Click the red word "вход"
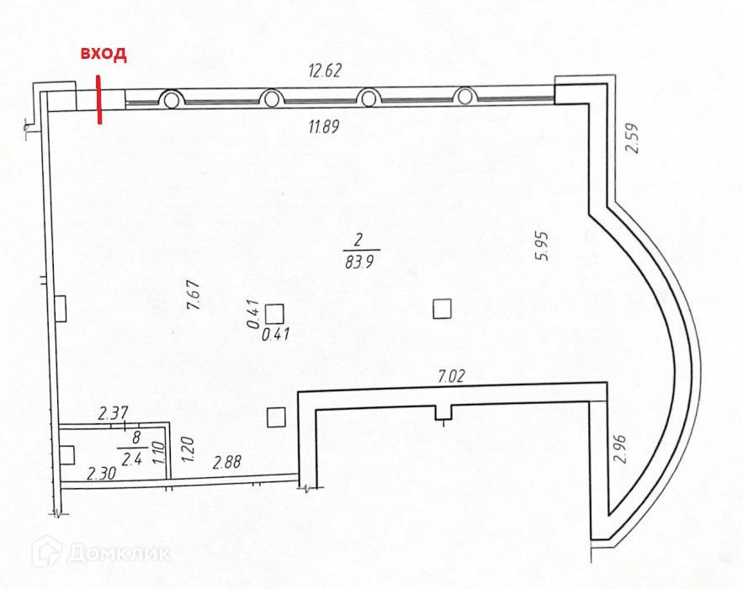[103, 55]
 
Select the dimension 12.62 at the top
[324, 71]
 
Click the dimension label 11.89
[324, 127]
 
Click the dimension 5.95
[543, 245]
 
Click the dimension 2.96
[622, 448]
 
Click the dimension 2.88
[227, 461]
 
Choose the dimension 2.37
[113, 413]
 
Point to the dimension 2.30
[102, 474]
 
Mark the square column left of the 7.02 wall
[275, 416]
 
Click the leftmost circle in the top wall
[171, 99]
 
